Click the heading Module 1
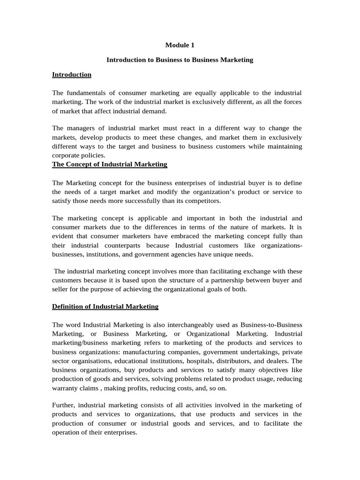pos(180,45)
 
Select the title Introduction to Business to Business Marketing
pos(180,60)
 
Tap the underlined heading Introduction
pos(72,75)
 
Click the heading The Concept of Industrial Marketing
pos(110,165)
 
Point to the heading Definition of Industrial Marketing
pos(105,307)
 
